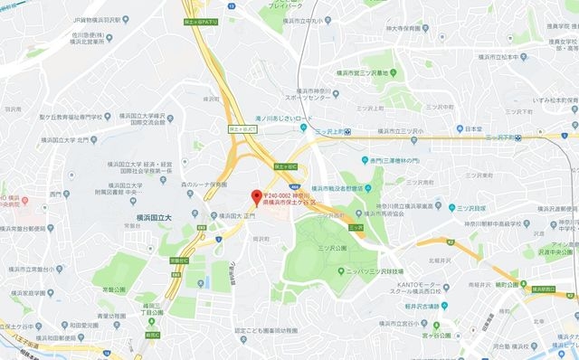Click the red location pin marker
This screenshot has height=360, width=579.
pyautogui.click(x=256, y=197)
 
